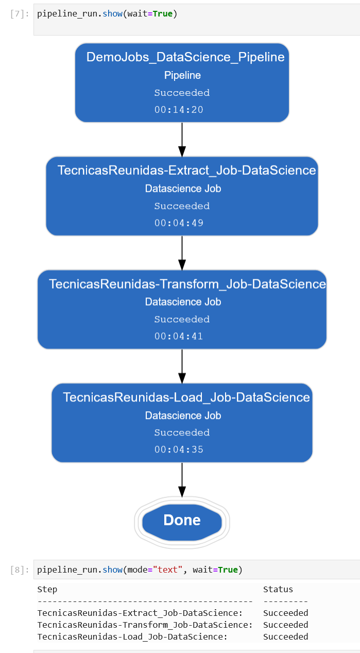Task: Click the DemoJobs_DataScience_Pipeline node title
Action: coord(185,57)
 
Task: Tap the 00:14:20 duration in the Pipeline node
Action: coord(179,110)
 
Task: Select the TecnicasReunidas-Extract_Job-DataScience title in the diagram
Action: coord(186,171)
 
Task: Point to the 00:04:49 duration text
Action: coord(179,223)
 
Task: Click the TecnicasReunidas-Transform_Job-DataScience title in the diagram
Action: coord(187,284)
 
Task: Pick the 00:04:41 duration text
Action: coord(179,337)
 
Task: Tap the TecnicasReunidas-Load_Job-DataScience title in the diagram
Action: coord(186,397)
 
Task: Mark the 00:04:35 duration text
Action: coord(179,450)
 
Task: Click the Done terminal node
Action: coord(182,521)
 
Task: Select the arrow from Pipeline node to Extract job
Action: coord(182,140)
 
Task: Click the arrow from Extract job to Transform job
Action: coord(182,253)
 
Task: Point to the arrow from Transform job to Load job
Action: coord(182,366)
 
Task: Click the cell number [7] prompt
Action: coord(20,14)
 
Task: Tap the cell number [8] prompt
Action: coord(20,570)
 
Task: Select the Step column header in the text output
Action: coord(47,589)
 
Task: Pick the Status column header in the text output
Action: coord(278,589)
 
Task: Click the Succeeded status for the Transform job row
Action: coord(285,625)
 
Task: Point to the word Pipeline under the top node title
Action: coord(182,75)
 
